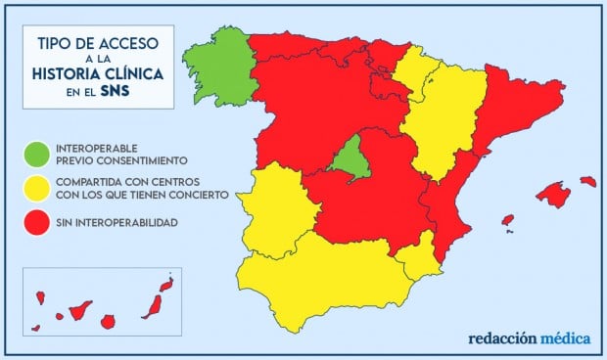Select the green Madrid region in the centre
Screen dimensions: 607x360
click(350, 160)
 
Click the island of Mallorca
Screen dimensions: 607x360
click(552, 197)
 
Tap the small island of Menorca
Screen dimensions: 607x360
click(587, 181)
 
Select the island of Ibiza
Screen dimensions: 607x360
click(507, 221)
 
